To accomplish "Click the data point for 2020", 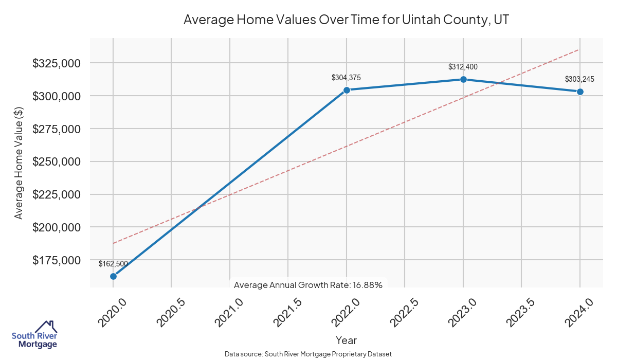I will [113, 276].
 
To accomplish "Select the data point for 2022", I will [347, 90].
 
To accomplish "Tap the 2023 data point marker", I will [463, 79].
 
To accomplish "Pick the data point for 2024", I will [580, 92].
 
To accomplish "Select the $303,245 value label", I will [579, 79].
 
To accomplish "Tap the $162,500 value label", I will [113, 264].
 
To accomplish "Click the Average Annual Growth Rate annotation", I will [308, 285].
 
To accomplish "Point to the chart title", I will [346, 20].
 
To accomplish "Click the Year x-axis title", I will [346, 340].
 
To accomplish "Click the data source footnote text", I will [308, 354].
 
